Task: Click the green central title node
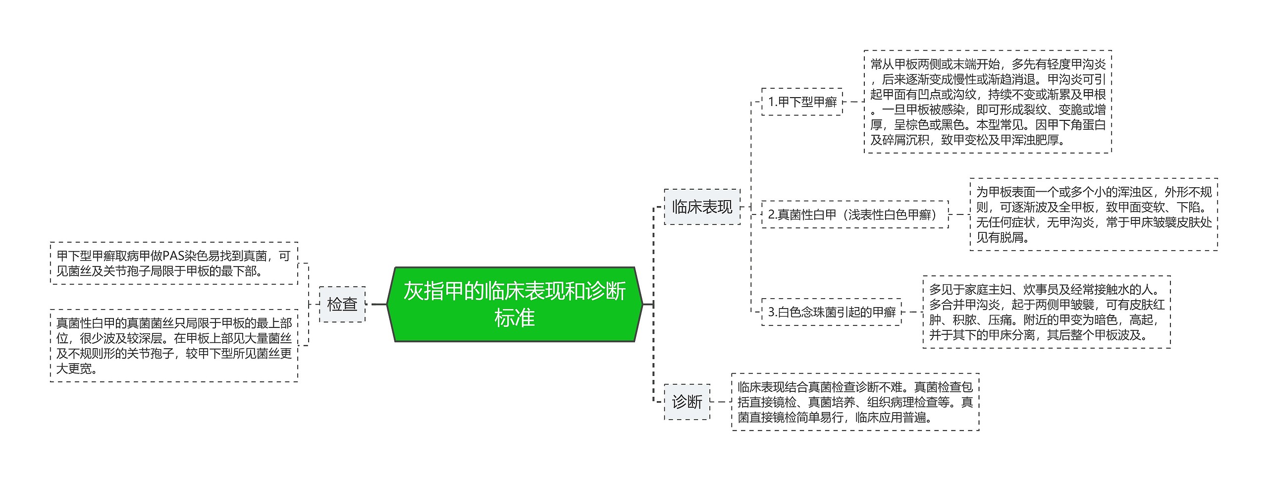coord(514,304)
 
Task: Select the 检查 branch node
coord(342,304)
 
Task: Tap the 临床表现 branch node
coord(702,207)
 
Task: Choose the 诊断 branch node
coord(687,402)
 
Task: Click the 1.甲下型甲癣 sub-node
coord(802,102)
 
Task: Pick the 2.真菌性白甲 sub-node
coord(854,214)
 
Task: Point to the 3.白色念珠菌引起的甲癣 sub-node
coord(831,312)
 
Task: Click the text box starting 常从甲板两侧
coord(988,102)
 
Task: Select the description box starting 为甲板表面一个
coord(1093,214)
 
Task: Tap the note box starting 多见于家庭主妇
coord(1046,312)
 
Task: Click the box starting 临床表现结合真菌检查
coord(855,402)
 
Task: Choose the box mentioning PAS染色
coord(174,263)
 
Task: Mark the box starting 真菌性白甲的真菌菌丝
coord(174,346)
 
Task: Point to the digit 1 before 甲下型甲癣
coord(771,102)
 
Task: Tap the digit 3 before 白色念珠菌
coord(771,312)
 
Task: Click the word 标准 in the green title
coord(514,318)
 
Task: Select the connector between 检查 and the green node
coord(378,304)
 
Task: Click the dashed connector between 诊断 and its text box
coord(721,402)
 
